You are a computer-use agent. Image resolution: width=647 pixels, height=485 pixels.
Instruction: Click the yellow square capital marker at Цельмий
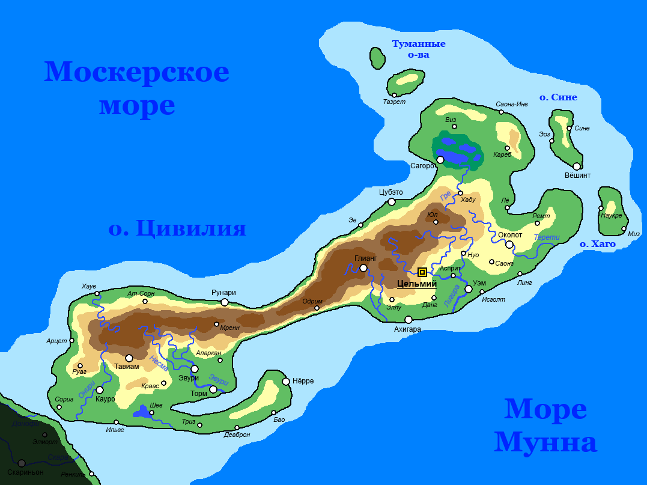(x=422, y=272)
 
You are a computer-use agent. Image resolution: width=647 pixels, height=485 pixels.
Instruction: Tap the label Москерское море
(x=137, y=88)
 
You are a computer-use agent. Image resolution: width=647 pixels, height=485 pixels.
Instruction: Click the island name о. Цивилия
(x=177, y=228)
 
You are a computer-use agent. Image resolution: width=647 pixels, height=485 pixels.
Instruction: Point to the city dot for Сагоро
(x=440, y=160)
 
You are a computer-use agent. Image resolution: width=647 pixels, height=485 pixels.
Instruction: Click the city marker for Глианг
(x=363, y=268)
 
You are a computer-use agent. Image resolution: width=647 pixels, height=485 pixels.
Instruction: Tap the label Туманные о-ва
(x=419, y=49)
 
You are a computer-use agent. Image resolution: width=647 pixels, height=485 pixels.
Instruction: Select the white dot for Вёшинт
(x=577, y=166)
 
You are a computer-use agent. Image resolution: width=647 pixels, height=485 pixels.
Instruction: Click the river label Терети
(x=547, y=237)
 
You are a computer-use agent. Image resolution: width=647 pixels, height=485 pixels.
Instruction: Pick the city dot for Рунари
(x=225, y=302)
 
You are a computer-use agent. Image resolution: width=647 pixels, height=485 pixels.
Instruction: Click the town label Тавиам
(x=126, y=367)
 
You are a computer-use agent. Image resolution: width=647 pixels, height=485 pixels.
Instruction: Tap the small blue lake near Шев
(x=142, y=412)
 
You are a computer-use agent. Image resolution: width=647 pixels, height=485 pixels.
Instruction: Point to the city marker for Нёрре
(x=286, y=381)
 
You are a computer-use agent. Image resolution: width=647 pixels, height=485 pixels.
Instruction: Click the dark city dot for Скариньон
(x=22, y=463)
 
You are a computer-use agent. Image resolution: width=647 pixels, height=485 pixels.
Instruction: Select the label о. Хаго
(x=597, y=244)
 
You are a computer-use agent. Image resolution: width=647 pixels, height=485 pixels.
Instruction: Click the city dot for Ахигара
(x=409, y=320)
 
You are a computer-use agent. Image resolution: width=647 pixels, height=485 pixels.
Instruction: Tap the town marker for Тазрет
(x=395, y=95)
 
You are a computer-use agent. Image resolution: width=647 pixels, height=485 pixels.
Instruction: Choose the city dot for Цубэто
(x=392, y=202)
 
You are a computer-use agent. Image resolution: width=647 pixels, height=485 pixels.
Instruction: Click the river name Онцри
(x=87, y=391)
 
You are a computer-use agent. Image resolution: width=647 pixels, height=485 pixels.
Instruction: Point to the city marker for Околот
(x=509, y=245)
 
